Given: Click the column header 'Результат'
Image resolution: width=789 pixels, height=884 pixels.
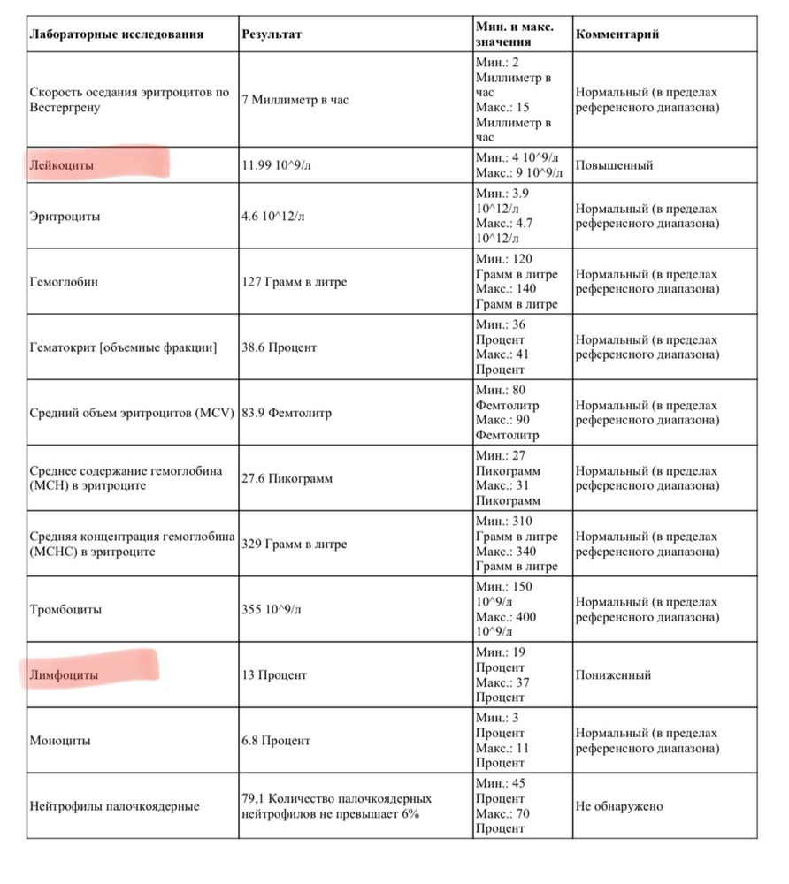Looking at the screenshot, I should [272, 34].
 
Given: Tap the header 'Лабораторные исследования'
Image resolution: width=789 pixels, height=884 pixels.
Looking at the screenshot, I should [117, 34].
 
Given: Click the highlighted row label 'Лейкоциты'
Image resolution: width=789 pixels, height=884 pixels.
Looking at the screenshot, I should [62, 165].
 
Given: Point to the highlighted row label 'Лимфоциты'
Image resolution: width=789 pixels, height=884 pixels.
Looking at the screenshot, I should [64, 674].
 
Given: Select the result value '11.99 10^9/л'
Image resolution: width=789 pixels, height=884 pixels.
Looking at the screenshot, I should [277, 165].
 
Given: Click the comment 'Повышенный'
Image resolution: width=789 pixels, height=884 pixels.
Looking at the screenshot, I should [614, 165].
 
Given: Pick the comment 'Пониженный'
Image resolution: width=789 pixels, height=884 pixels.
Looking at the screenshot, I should [613, 674].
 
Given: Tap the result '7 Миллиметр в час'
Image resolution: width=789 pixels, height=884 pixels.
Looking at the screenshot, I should [295, 100].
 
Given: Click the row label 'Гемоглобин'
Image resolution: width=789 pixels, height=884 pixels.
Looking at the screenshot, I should [64, 282].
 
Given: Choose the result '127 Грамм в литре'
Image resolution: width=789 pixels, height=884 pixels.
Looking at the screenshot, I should [295, 282].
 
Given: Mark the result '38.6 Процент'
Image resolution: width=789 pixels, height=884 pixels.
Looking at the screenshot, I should [279, 347].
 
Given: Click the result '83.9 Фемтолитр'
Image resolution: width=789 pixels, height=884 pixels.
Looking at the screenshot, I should [287, 413].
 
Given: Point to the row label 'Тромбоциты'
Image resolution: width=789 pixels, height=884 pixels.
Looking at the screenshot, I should [65, 609].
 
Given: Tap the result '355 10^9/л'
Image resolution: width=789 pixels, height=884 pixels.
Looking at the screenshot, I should [272, 609].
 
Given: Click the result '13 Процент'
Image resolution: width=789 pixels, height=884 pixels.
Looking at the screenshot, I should [274, 674].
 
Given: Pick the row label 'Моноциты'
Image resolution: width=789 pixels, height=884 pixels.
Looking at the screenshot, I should [60, 741].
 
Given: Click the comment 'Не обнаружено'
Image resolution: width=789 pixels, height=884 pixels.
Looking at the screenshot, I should [619, 805].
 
